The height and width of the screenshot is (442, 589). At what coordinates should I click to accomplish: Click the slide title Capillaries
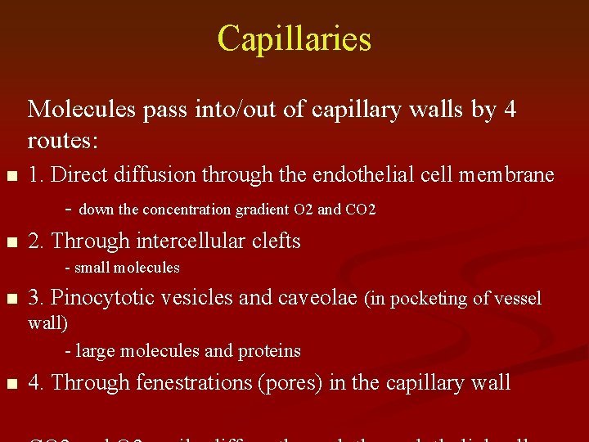click(x=294, y=38)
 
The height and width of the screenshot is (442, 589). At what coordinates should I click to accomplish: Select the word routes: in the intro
click(x=63, y=141)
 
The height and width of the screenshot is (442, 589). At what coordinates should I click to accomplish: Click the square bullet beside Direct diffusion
click(x=10, y=176)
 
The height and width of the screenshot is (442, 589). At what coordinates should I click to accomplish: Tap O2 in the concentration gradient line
click(x=303, y=210)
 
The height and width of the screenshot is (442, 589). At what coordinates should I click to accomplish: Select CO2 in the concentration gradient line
click(x=360, y=210)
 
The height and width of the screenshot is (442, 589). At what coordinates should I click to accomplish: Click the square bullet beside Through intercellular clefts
click(x=10, y=242)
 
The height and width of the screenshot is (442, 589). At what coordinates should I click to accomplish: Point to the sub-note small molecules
click(x=126, y=268)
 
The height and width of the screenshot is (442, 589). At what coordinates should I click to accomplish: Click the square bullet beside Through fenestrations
click(x=10, y=383)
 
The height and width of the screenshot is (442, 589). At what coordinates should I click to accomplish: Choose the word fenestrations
click(x=193, y=382)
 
